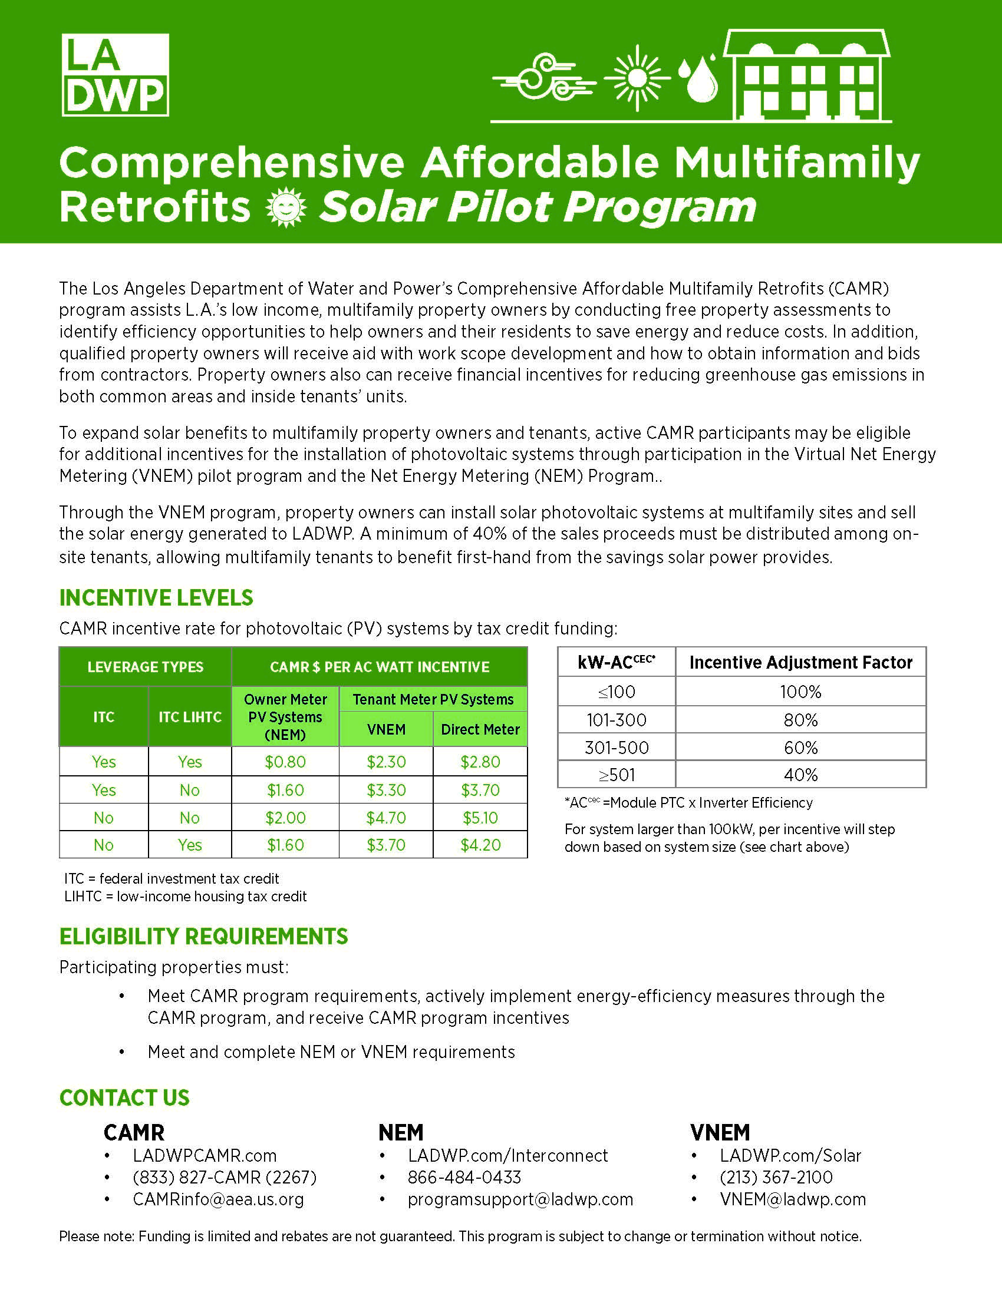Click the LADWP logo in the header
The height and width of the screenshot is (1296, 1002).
click(115, 75)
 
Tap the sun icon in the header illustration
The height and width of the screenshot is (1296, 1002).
click(637, 78)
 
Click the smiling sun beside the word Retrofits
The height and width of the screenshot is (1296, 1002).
click(286, 207)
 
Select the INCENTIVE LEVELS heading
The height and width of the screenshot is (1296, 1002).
click(156, 597)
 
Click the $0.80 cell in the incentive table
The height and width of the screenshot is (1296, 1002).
click(285, 762)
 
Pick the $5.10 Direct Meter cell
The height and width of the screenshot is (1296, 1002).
click(480, 818)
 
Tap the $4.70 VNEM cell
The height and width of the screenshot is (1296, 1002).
click(386, 818)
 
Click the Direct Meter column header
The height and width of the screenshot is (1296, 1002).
click(480, 729)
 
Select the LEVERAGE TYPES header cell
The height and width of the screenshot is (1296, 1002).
click(146, 667)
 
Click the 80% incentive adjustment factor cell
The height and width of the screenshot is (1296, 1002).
click(801, 720)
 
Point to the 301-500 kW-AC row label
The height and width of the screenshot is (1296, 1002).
click(616, 747)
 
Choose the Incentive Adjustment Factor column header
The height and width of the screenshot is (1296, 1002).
click(801, 662)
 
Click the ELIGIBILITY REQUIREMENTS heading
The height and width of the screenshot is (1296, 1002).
click(203, 937)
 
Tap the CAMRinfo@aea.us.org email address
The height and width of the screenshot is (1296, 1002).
click(219, 1199)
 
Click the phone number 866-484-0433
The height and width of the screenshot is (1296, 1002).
click(464, 1178)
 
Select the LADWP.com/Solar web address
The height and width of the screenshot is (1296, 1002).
click(790, 1155)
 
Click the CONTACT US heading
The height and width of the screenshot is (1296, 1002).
click(124, 1098)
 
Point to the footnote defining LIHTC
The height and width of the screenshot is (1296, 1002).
click(185, 896)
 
